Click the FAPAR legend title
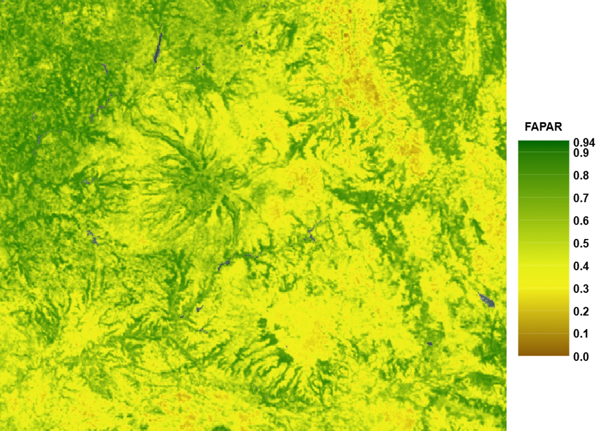543,127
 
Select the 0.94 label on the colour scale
584,142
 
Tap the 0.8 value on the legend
581,175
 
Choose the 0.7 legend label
581,198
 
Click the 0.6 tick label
581,221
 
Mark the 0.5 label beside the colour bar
581,244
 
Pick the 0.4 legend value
581,266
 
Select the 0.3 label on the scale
581,289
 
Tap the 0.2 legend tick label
581,311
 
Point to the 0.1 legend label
581,334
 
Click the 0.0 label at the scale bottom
581,357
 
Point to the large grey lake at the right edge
486,300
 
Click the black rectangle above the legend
555,54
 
